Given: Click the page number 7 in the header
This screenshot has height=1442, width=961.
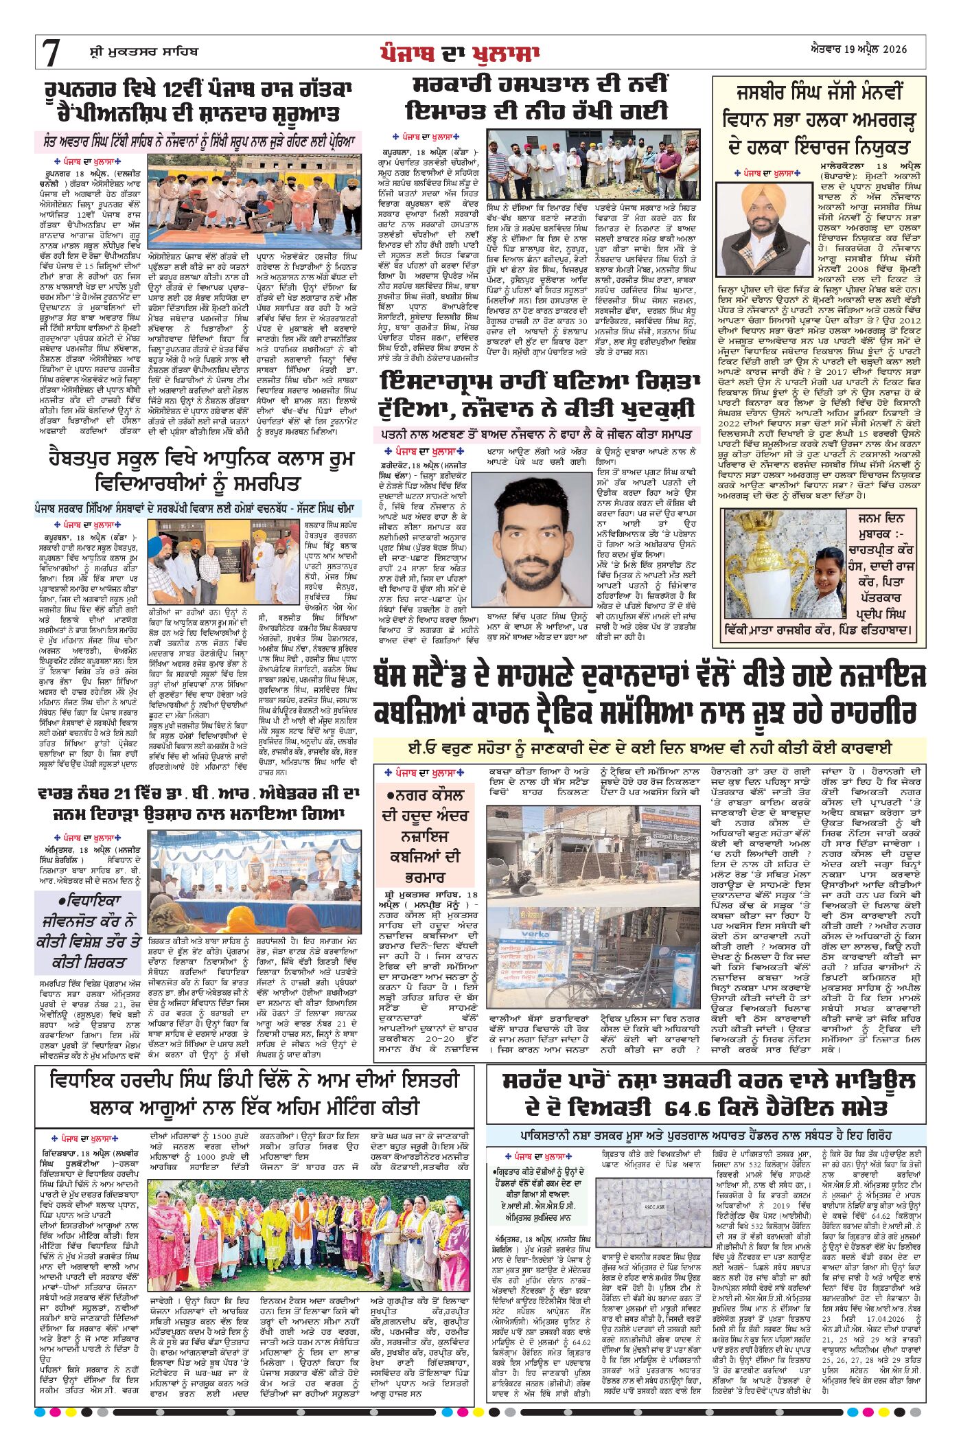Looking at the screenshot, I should pos(51,53).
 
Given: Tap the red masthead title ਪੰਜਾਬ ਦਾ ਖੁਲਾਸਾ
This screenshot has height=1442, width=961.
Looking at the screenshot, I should pos(459,53).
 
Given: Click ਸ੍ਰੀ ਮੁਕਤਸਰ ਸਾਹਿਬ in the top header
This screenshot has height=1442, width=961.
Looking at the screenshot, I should pos(143,51).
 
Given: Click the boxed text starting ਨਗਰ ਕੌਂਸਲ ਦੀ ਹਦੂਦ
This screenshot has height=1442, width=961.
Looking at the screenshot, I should pos(425,835).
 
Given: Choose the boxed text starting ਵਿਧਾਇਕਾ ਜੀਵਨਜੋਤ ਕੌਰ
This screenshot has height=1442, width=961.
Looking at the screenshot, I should pos(89,930).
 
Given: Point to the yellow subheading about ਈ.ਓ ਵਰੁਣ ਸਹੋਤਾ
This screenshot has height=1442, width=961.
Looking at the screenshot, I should pos(649,748).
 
